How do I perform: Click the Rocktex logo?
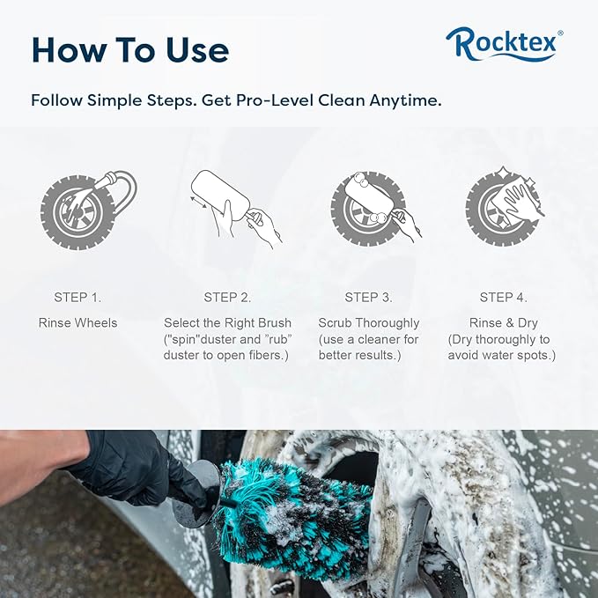(x=504, y=45)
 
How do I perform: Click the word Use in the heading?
(x=197, y=50)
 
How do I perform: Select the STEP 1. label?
(x=78, y=297)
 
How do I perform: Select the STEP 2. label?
(x=227, y=297)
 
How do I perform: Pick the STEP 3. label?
(x=368, y=297)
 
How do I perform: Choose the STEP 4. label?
(x=504, y=297)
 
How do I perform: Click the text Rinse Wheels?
(x=78, y=323)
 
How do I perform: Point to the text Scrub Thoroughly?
(x=369, y=323)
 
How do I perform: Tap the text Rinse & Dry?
(x=504, y=323)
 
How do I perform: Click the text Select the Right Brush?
(x=228, y=323)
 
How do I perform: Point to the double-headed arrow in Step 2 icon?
(x=199, y=203)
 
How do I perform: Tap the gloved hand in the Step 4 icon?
(x=520, y=199)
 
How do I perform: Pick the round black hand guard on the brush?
(x=196, y=492)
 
